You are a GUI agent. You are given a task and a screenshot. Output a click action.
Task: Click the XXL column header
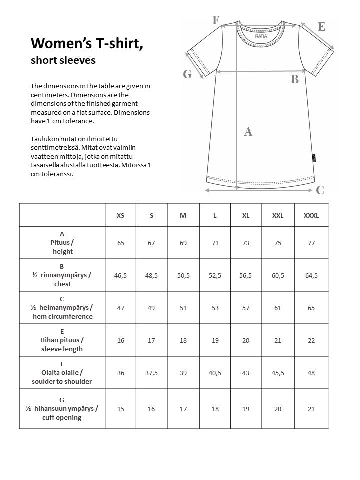click(x=278, y=216)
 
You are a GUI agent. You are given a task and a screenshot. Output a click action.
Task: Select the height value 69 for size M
click(x=183, y=243)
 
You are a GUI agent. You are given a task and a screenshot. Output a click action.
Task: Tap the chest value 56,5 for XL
click(x=246, y=275)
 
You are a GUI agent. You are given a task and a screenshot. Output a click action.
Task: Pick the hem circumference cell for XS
click(x=120, y=308)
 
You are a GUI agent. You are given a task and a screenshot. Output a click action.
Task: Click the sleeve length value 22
click(x=311, y=340)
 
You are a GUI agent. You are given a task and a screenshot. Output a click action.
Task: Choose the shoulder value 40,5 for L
click(x=215, y=373)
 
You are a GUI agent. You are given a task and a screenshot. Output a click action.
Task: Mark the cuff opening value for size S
click(x=151, y=409)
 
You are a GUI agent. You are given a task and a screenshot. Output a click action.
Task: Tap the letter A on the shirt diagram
click(x=248, y=132)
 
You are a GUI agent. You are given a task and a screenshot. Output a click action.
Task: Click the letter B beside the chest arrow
click(x=295, y=79)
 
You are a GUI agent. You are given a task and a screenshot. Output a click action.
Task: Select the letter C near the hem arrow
click(x=320, y=190)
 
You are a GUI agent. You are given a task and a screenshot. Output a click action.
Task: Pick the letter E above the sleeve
click(x=321, y=27)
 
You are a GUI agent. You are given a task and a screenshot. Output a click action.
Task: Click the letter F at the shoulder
click(x=216, y=20)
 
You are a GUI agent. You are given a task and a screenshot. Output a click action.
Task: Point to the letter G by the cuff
click(x=187, y=74)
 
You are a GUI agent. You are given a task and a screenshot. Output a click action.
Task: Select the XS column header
click(x=120, y=216)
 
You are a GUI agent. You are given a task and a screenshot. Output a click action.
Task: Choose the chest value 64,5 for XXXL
click(x=311, y=275)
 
